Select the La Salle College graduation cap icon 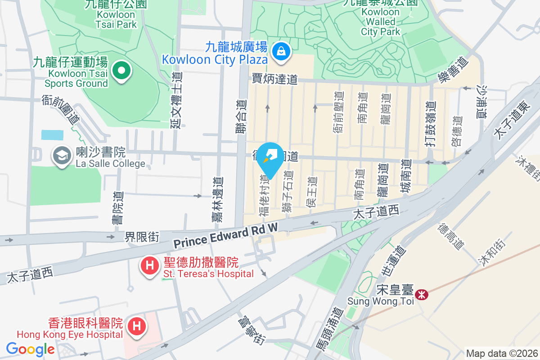(60, 156)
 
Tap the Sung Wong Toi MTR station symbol (422, 295)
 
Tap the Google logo (30, 349)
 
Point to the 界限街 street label (142, 237)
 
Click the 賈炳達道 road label (274, 80)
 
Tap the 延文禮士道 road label (176, 100)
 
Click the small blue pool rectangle (52, 135)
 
